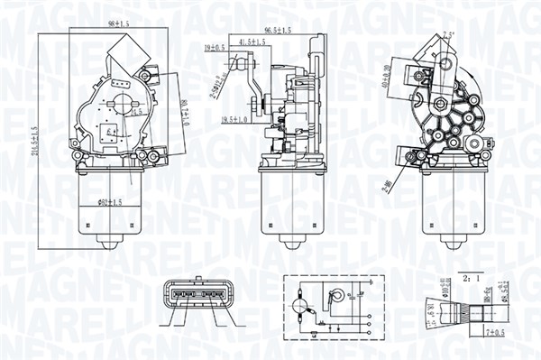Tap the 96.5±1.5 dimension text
(277, 32)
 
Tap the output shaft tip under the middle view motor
(291, 245)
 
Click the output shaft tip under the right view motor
(453, 245)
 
